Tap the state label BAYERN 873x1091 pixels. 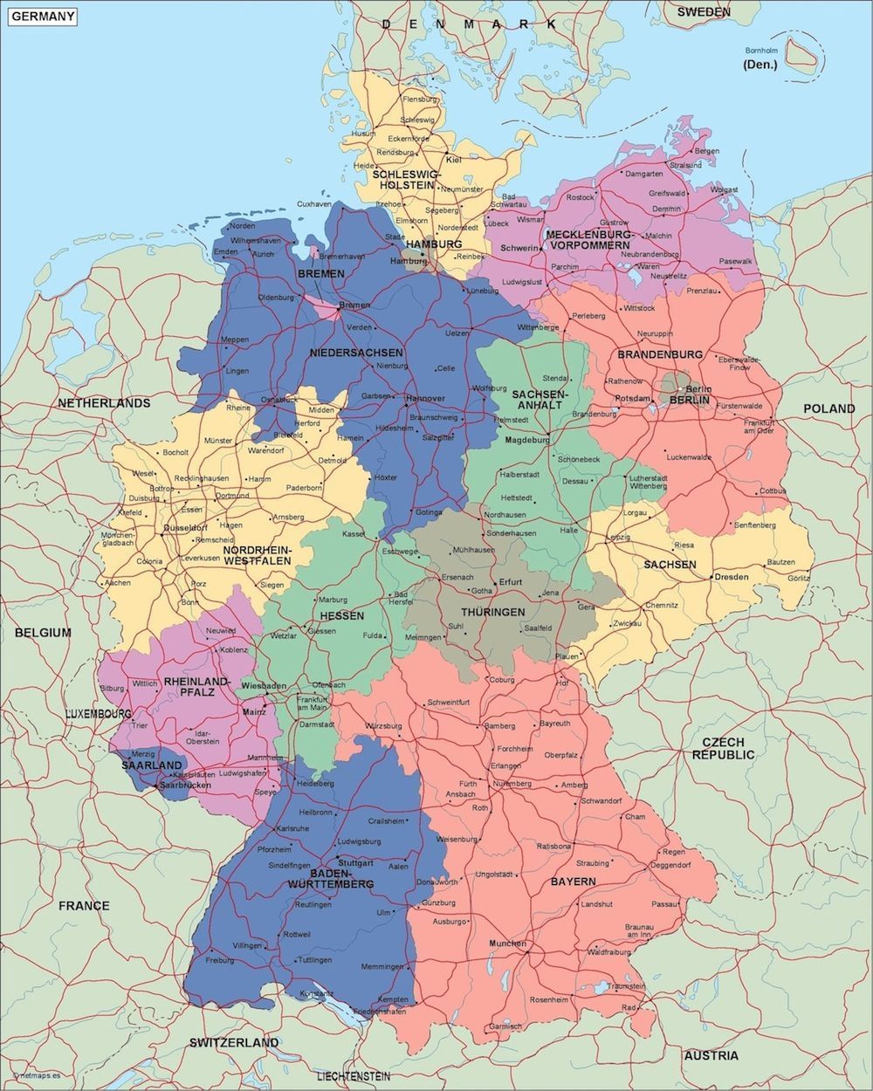pyautogui.click(x=573, y=882)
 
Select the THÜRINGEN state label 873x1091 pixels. pyautogui.click(x=493, y=613)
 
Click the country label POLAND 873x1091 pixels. pyautogui.click(x=829, y=408)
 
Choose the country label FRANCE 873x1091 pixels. pyautogui.click(x=84, y=905)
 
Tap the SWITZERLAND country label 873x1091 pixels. pyautogui.click(x=234, y=1042)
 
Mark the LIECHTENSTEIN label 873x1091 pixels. pyautogui.click(x=354, y=1076)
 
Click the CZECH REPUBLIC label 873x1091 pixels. pyautogui.click(x=723, y=748)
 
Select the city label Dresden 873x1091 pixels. pyautogui.click(x=732, y=577)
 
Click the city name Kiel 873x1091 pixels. pyautogui.click(x=454, y=160)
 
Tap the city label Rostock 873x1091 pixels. pyautogui.click(x=580, y=197)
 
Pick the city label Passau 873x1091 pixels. pyautogui.click(x=664, y=904)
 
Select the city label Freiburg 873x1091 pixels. pyautogui.click(x=219, y=960)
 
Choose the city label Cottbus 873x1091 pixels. pyautogui.click(x=772, y=491)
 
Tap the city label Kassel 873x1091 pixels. pyautogui.click(x=354, y=533)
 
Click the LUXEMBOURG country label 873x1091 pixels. pyautogui.click(x=98, y=714)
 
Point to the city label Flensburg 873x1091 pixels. pyautogui.click(x=418, y=99)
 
